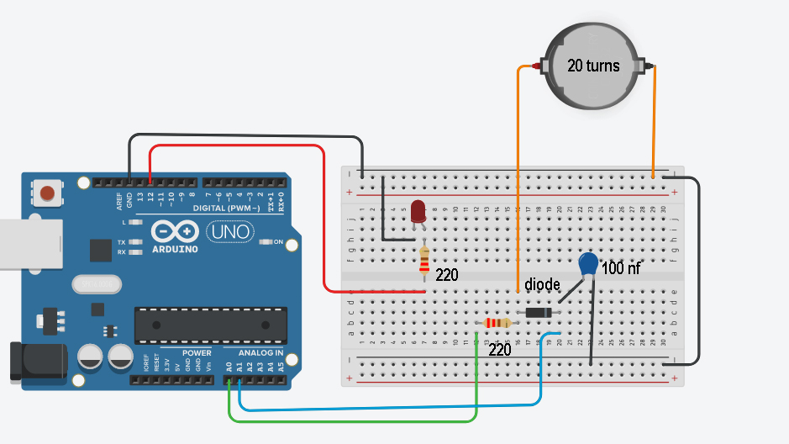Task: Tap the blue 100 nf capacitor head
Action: click(590, 265)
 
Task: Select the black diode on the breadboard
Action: click(539, 313)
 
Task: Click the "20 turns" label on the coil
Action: click(593, 66)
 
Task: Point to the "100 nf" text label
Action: click(623, 270)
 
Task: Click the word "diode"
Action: click(542, 285)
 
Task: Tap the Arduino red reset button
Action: click(48, 193)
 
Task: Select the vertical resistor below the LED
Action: click(424, 262)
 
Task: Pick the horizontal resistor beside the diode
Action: click(496, 323)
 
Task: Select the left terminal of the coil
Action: click(539, 65)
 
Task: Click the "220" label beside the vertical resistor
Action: click(447, 275)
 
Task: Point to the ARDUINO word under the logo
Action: click(176, 249)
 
